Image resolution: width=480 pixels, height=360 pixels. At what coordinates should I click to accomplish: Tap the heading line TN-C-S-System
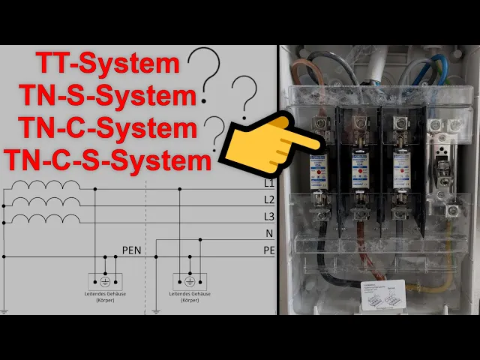(x=106, y=160)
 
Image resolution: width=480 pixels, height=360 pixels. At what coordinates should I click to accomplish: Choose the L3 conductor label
(x=269, y=217)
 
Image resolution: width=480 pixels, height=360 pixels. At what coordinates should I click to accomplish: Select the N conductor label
(x=269, y=233)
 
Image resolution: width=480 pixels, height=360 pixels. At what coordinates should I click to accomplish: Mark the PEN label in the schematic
(x=131, y=250)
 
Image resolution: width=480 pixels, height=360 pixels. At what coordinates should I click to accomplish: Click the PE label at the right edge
(x=269, y=250)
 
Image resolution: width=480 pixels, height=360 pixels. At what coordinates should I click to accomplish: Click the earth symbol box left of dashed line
(x=106, y=280)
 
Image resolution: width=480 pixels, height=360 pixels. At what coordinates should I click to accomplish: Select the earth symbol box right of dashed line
(x=190, y=280)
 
